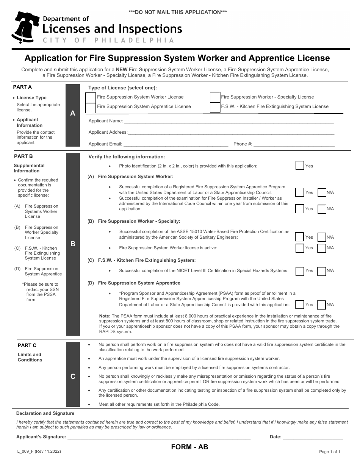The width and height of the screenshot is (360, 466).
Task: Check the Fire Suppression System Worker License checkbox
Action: [91, 97]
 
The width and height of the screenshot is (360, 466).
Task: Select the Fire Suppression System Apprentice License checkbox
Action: [91, 107]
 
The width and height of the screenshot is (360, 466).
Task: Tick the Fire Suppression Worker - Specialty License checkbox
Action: [215, 97]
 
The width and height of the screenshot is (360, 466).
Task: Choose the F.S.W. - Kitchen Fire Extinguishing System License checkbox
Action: [215, 107]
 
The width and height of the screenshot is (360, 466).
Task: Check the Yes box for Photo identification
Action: [299, 166]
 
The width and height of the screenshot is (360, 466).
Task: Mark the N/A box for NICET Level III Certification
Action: [322, 271]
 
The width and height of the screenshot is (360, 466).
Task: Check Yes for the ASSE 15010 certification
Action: [299, 237]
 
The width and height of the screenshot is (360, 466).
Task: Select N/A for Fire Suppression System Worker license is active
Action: [322, 248]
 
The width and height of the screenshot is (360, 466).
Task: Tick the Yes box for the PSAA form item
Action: [299, 305]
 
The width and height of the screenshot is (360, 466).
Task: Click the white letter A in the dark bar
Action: [73, 113]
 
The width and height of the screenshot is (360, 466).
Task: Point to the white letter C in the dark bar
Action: [73, 376]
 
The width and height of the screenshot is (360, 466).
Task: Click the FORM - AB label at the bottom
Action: [189, 447]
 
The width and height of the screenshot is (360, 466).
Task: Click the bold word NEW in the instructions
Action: [121, 70]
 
